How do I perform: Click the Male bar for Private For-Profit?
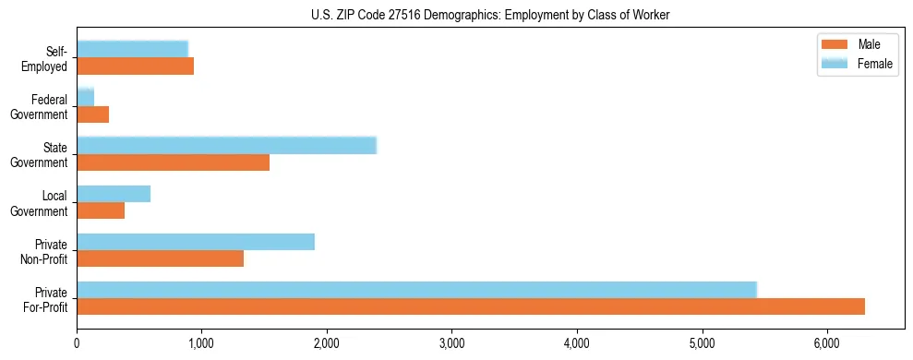(471, 306)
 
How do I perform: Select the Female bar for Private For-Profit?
(416, 290)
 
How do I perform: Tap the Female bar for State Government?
(226, 145)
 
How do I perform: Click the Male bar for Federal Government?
(92, 114)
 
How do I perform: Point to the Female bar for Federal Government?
(85, 97)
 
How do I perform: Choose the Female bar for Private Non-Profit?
(196, 242)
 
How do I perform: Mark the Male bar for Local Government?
(101, 210)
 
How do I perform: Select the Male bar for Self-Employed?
(135, 66)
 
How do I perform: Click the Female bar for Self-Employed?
(132, 49)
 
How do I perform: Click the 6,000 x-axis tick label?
(827, 343)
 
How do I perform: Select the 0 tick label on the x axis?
(77, 343)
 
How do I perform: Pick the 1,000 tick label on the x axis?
(201, 343)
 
